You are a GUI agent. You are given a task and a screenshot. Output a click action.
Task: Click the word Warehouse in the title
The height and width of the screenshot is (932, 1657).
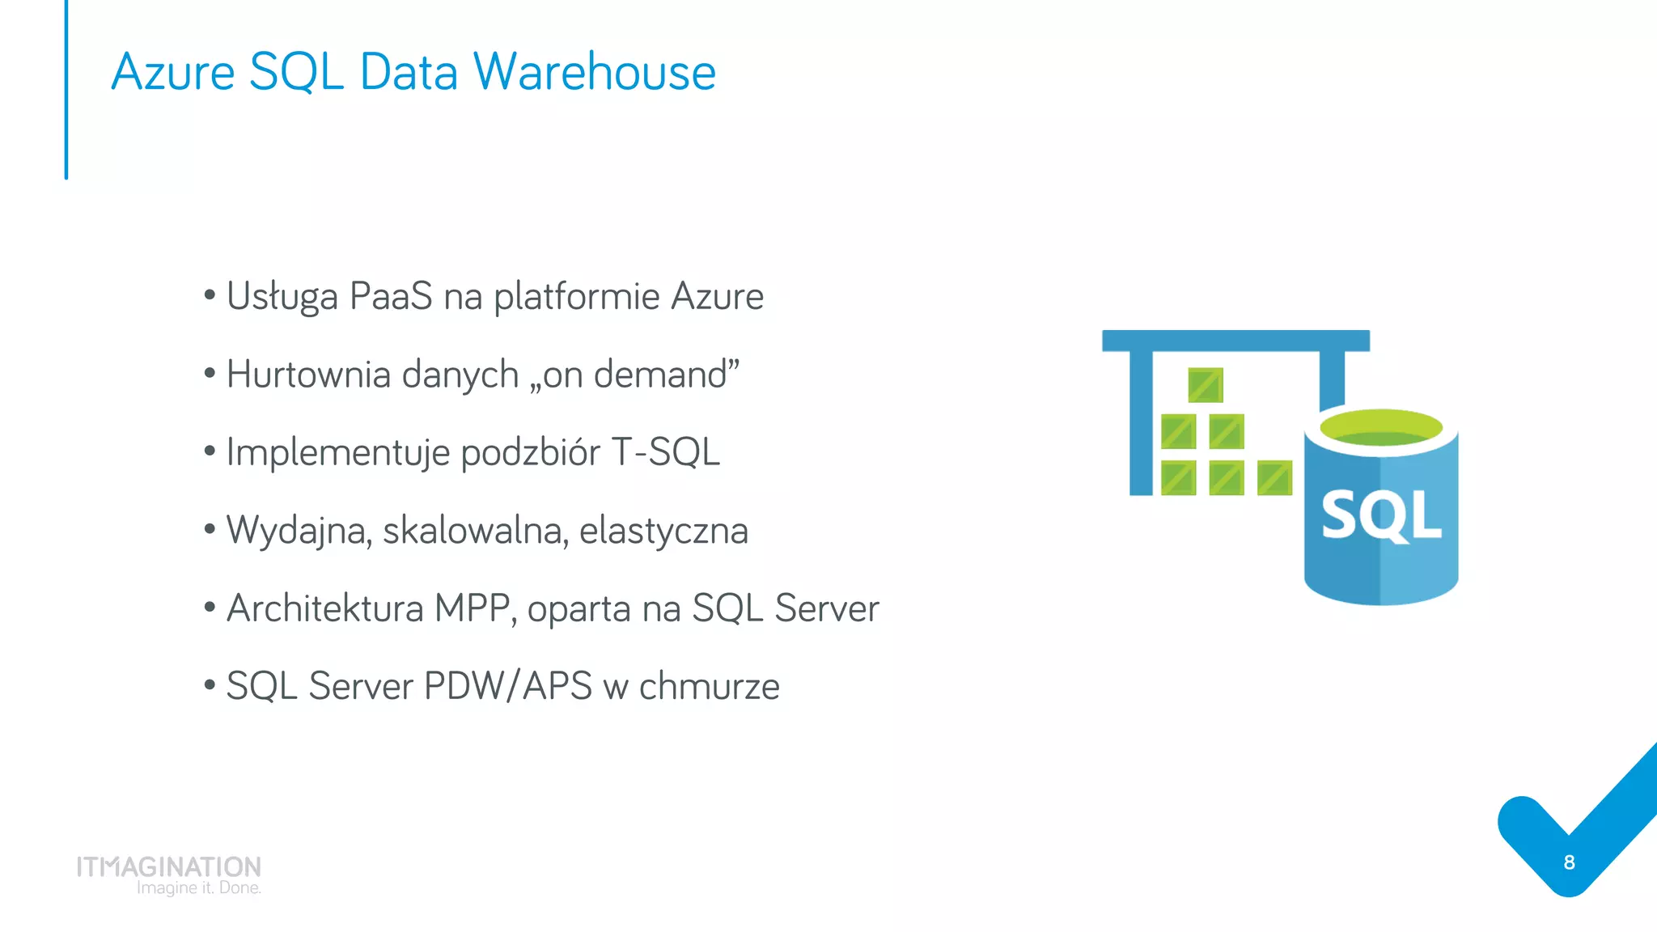point(594,71)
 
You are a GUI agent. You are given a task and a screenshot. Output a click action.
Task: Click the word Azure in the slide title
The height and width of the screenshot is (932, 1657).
point(173,71)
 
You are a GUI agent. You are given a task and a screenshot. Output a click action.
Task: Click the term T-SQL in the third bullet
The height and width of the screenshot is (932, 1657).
point(665,452)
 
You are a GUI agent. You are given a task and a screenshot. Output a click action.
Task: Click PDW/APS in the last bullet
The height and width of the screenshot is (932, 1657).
point(507,686)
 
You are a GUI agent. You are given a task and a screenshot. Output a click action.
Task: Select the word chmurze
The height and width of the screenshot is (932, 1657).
point(709,686)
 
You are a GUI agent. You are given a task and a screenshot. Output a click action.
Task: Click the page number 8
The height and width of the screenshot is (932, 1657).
point(1569,862)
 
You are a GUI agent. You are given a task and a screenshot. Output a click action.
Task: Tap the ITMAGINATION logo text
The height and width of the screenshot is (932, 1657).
point(168,866)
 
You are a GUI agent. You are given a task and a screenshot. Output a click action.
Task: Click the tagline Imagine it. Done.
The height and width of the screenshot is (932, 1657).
point(198,888)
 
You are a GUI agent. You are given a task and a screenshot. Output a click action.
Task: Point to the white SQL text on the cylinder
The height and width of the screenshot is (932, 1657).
point(1381,515)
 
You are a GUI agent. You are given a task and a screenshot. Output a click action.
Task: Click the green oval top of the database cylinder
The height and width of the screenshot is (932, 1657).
point(1381,426)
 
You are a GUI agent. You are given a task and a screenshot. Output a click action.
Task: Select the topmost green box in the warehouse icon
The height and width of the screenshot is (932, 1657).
point(1206,385)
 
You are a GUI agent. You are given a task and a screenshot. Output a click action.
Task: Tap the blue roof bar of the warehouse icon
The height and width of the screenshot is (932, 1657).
point(1235,341)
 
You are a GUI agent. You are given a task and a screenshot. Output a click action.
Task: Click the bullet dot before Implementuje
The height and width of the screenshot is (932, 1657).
point(210,451)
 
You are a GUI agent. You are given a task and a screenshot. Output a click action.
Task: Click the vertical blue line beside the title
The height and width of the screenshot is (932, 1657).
point(66,89)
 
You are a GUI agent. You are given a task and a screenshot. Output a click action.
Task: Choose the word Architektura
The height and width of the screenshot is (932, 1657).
point(324,608)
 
